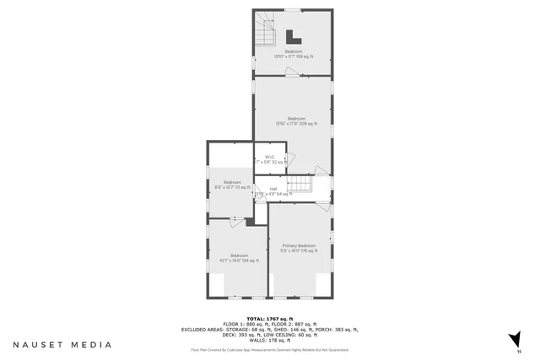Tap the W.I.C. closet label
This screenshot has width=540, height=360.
269,159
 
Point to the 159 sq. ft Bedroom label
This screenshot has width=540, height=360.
293,54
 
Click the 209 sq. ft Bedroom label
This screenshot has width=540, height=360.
295,121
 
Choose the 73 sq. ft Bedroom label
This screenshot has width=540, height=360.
232,185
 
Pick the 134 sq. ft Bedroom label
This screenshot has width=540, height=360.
239,257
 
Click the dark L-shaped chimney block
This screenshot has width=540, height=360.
293,37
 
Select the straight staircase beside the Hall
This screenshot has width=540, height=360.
300,185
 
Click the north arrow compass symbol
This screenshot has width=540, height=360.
512,339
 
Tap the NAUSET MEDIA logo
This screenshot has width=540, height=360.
62,345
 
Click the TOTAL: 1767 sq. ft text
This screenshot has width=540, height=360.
269,318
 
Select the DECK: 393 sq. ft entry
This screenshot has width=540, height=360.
204,335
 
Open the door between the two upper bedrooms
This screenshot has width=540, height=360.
291,76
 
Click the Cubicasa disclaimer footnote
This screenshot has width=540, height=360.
269,349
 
